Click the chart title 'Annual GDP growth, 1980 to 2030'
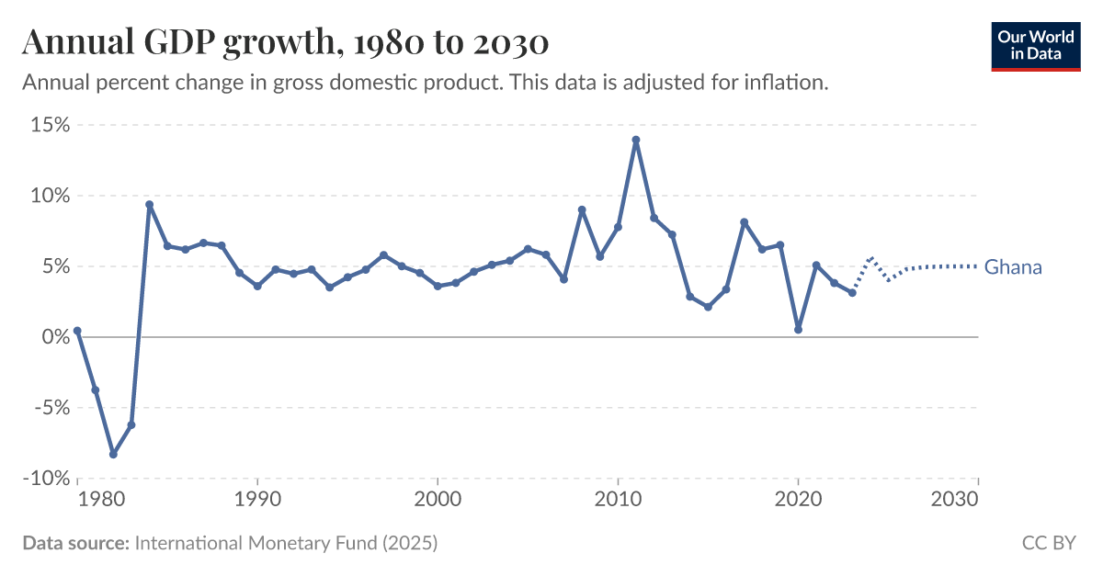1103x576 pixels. coord(285,42)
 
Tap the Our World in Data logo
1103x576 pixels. coord(1035,43)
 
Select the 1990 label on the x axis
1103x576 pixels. coord(257,500)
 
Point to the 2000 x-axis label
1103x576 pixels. coord(438,500)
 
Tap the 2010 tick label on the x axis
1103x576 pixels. coord(618,500)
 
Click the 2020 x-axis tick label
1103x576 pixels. coord(798,500)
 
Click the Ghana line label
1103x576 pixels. coord(1013,267)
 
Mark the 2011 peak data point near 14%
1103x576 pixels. coord(635,141)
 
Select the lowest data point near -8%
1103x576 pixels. coord(113,454)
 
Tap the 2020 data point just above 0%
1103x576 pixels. coord(798,330)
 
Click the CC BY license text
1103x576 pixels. coord(1049,543)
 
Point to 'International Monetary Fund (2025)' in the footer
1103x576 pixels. coord(286,543)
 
